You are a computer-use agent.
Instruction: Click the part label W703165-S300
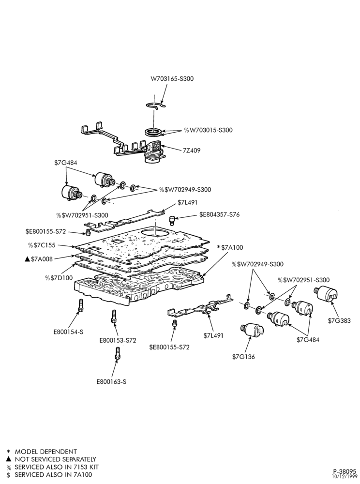point(172,79)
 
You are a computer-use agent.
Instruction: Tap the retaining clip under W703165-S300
point(156,105)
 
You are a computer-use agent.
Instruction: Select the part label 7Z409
point(192,151)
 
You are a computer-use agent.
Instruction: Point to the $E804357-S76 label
point(219,214)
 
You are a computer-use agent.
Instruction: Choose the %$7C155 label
point(42,245)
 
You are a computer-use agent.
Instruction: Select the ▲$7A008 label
point(39,259)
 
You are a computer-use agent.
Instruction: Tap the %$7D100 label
point(59,278)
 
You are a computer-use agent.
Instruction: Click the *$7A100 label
point(230,247)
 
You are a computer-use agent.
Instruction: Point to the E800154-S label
point(68,332)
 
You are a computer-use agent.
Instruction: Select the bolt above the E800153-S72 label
point(113,317)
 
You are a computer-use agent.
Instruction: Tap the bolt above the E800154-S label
point(81,305)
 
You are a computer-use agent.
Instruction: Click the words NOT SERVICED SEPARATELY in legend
point(56,459)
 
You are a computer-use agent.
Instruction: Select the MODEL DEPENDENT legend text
point(46,452)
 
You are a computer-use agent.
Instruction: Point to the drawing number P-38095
point(345,471)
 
